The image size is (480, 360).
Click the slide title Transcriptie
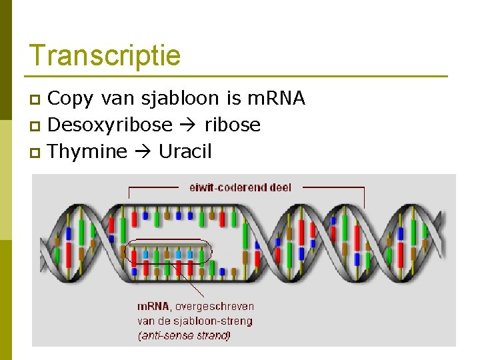click(x=105, y=55)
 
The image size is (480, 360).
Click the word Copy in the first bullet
click(x=71, y=99)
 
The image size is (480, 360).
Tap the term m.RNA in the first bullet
click(x=276, y=99)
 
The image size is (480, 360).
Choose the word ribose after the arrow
click(x=232, y=125)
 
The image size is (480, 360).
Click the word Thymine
click(x=87, y=152)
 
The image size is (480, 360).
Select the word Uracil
click(x=185, y=152)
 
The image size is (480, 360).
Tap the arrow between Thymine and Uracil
click(x=142, y=152)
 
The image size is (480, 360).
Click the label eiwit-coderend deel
click(x=240, y=187)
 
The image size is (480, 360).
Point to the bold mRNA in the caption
click(x=153, y=307)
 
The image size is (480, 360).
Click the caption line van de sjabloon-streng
click(x=195, y=321)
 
